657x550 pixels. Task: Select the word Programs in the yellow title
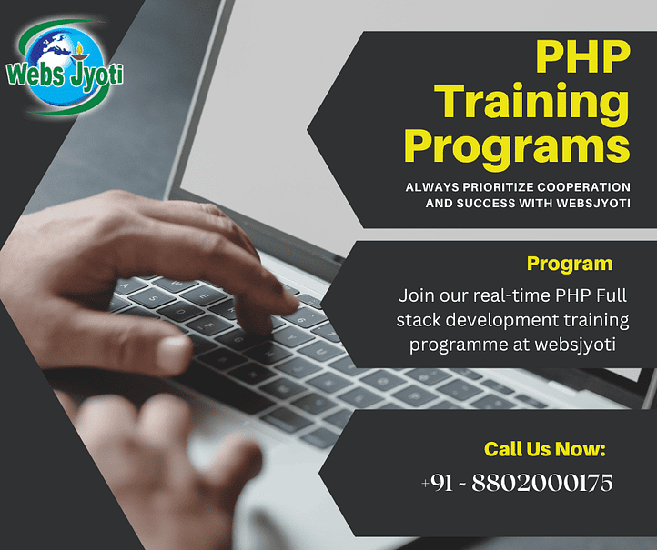[x=517, y=147]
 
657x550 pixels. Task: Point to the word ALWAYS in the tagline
[x=430, y=186]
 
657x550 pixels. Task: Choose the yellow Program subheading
[x=570, y=265]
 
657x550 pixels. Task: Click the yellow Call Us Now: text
[x=544, y=448]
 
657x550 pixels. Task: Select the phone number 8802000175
[x=550, y=483]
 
